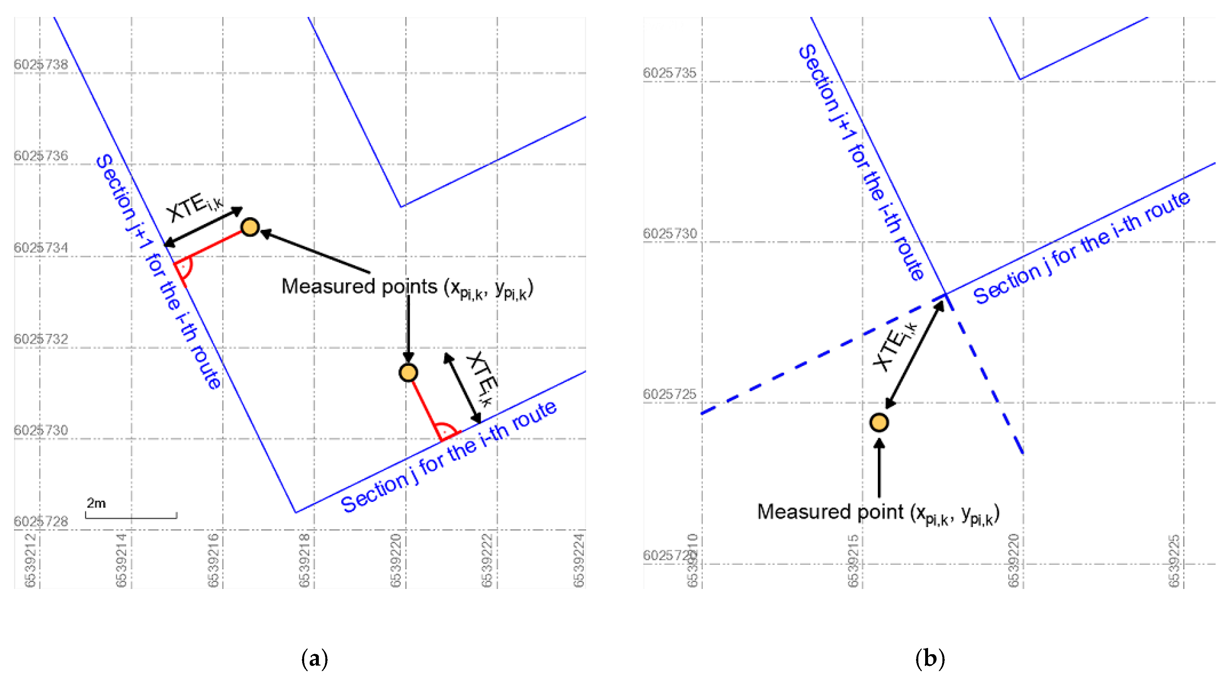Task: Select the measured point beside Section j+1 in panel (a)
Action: coord(250,227)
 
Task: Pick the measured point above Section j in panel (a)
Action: coord(408,372)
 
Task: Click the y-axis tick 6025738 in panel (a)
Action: coord(41,64)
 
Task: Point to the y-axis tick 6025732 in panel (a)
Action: coord(41,339)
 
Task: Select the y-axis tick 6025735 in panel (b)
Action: coord(669,73)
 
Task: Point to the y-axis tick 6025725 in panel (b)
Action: coord(669,394)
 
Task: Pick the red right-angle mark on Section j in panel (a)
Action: coord(448,430)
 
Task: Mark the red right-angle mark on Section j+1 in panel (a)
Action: coord(183,268)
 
